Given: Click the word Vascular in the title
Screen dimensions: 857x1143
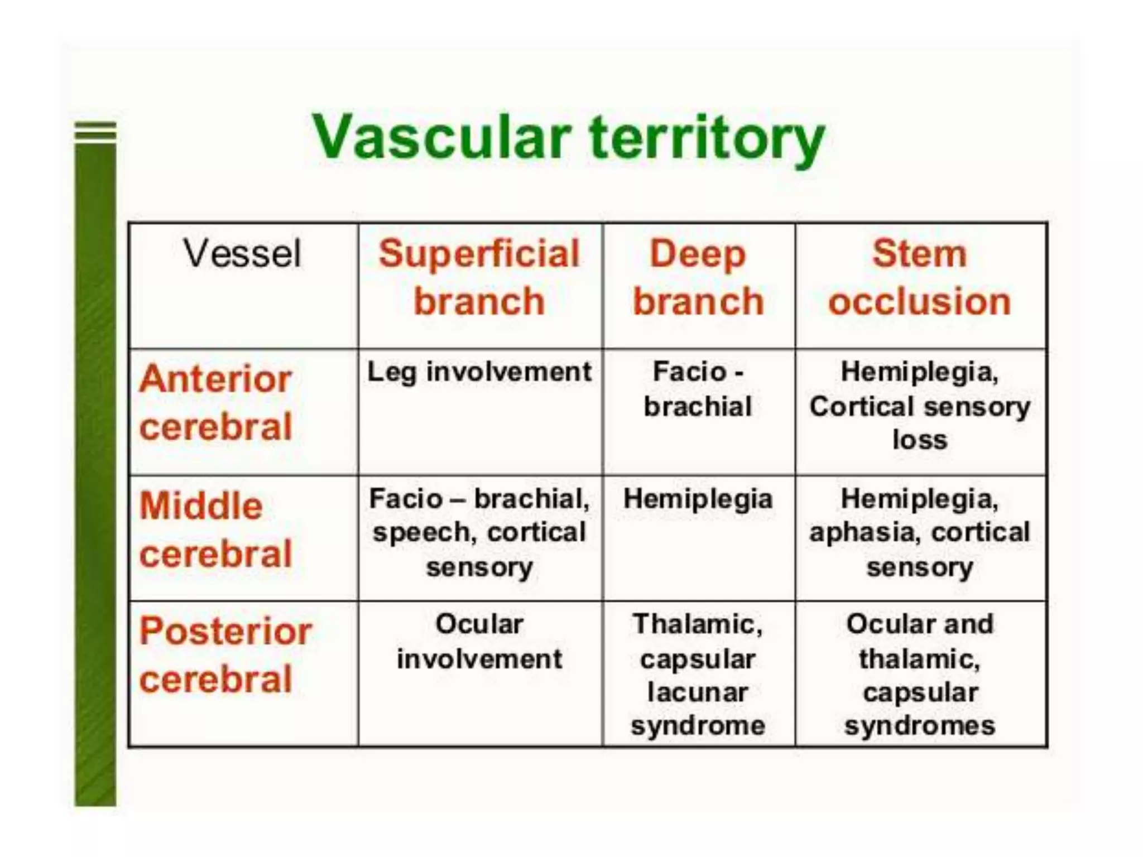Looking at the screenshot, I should point(441,137).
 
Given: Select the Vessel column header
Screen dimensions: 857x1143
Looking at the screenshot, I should point(242,254).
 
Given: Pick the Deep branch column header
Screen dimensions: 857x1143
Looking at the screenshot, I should point(698,277).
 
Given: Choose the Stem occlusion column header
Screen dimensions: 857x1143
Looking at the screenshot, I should point(919,277).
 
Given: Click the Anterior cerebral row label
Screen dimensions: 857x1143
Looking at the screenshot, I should point(215,403).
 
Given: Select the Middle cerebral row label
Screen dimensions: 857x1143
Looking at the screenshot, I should point(215,530).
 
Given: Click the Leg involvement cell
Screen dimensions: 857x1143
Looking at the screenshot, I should point(479,372).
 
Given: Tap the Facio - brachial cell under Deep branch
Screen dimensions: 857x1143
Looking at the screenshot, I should point(698,389).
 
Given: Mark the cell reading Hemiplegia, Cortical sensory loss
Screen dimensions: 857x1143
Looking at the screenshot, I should point(919,406).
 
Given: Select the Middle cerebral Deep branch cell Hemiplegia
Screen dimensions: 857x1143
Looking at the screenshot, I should point(698,499).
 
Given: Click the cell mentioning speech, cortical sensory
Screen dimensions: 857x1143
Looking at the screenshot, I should point(479,532).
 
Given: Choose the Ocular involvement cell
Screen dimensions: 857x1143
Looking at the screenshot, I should point(479,642).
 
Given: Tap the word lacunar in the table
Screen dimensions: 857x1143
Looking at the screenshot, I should point(698,692).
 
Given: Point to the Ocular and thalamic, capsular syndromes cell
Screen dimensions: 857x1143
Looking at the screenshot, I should point(919,675).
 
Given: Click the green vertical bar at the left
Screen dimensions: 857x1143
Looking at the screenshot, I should point(95,474).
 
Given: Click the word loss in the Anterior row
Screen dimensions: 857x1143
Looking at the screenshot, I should point(919,440).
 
